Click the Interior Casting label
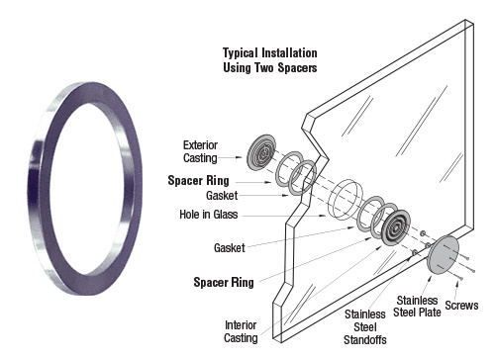click(x=241, y=331)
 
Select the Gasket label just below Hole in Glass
click(x=229, y=247)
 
